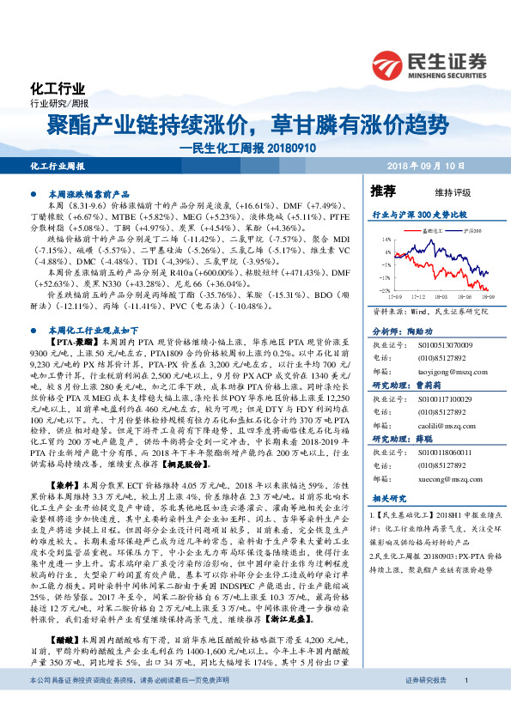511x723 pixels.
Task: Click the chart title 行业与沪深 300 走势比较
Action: click(x=418, y=211)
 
